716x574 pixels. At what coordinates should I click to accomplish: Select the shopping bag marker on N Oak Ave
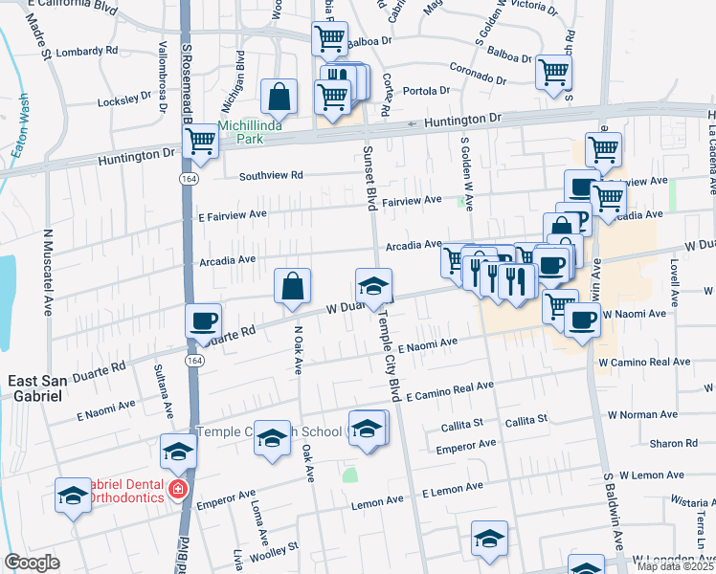click(293, 286)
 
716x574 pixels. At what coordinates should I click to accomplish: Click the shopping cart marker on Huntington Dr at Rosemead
click(201, 141)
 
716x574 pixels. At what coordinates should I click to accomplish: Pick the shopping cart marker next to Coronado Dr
click(554, 72)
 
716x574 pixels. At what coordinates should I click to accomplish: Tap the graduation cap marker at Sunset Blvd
click(373, 284)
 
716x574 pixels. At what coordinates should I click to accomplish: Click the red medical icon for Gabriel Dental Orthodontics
click(176, 490)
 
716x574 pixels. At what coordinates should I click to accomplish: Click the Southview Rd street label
click(271, 176)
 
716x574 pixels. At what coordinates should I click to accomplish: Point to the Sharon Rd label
click(674, 444)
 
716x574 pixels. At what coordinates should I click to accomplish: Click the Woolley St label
click(274, 551)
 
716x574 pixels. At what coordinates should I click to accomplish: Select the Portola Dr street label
click(427, 91)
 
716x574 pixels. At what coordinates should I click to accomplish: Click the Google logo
click(32, 563)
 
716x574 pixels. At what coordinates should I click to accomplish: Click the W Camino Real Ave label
click(643, 363)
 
